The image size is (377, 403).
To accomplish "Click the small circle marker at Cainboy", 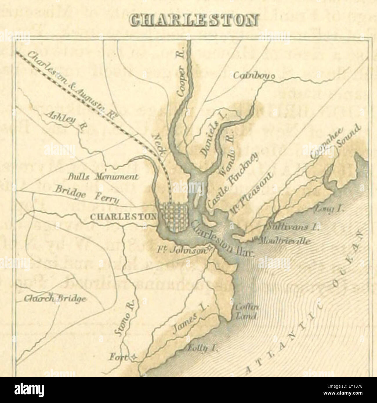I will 272,77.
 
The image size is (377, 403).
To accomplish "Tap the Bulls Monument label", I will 99,176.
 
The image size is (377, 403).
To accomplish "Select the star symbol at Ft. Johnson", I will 210,248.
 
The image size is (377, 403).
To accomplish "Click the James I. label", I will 189,323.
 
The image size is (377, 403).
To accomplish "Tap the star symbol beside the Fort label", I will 134,358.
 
